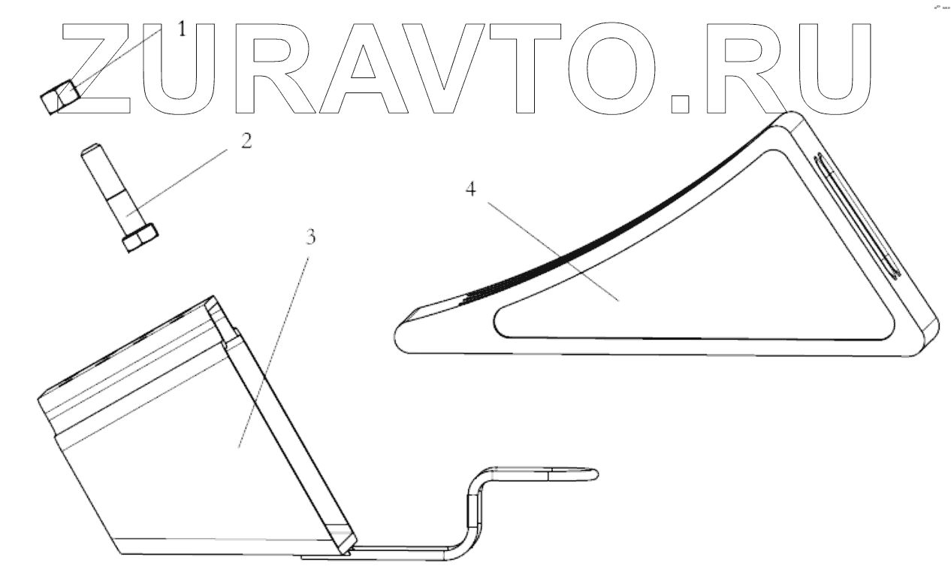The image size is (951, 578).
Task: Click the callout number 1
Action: (180, 30)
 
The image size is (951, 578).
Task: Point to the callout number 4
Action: (471, 190)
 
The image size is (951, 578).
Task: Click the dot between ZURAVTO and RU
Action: (681, 102)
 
